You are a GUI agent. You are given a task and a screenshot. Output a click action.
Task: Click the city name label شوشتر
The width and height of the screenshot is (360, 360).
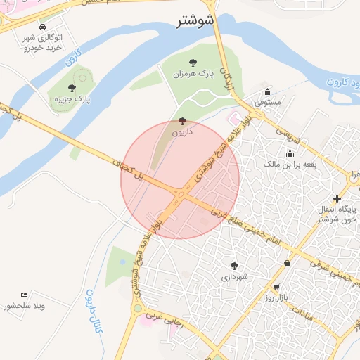pyautogui.click(x=194, y=21)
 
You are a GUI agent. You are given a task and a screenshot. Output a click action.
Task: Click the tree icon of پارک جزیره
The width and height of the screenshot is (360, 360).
pyautogui.click(x=72, y=88)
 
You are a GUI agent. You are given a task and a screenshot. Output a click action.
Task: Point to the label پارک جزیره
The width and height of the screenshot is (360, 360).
pyautogui.click(x=73, y=100)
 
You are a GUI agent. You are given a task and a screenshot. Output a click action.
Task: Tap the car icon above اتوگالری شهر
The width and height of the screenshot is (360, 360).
pyautogui.click(x=44, y=25)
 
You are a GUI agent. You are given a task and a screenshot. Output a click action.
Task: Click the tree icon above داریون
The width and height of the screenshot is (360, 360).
pyautogui.click(x=184, y=120)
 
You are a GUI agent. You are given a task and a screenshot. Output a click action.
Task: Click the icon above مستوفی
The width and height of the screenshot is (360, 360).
pyautogui.click(x=267, y=91)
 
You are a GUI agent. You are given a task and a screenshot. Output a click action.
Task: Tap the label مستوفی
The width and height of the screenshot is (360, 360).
pyautogui.click(x=267, y=103)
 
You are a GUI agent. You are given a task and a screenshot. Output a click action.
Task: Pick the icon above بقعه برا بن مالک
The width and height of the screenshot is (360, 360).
pyautogui.click(x=290, y=153)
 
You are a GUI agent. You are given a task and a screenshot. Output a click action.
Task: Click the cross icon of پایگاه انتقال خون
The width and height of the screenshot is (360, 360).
pyautogui.click(x=337, y=198)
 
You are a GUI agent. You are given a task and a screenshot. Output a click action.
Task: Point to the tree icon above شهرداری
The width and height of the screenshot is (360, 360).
pyautogui.click(x=234, y=266)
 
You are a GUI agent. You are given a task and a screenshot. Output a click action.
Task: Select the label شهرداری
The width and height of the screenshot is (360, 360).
pyautogui.click(x=234, y=277)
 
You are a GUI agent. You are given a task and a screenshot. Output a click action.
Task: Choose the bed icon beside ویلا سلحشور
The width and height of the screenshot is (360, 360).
pyautogui.click(x=25, y=294)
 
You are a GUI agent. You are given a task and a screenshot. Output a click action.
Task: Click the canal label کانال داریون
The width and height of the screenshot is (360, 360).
pyautogui.click(x=92, y=309)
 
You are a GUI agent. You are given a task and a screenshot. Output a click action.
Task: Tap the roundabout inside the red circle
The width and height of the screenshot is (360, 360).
pyautogui.click(x=181, y=194)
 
